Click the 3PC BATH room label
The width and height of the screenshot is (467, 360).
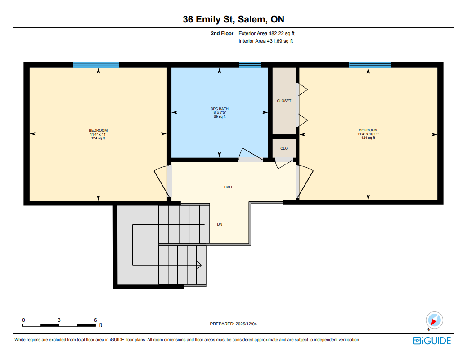(x=220, y=109)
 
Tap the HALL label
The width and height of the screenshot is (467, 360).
(x=229, y=187)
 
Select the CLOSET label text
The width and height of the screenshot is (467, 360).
(x=284, y=101)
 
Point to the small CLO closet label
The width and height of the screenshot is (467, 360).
(x=284, y=148)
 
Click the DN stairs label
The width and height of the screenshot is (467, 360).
(x=220, y=224)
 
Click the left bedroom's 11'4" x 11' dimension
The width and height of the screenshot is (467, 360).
(x=98, y=134)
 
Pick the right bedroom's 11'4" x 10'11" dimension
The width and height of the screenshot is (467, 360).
(x=368, y=134)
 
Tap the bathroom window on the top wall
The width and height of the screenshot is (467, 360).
(x=250, y=65)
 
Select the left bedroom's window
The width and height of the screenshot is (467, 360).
(x=96, y=65)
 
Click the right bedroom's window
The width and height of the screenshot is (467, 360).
(x=370, y=65)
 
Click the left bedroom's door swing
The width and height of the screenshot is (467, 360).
(x=161, y=182)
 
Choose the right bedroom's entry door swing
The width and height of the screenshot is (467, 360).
(x=306, y=182)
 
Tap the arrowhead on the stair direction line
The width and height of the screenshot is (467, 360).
(x=199, y=265)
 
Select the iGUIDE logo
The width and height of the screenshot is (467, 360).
(x=432, y=341)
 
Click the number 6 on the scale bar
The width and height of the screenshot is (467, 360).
(x=95, y=320)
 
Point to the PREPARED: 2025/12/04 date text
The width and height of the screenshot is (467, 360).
(x=233, y=324)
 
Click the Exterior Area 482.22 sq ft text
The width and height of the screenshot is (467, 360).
(x=266, y=33)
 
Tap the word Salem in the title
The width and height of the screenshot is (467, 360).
(x=251, y=19)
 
